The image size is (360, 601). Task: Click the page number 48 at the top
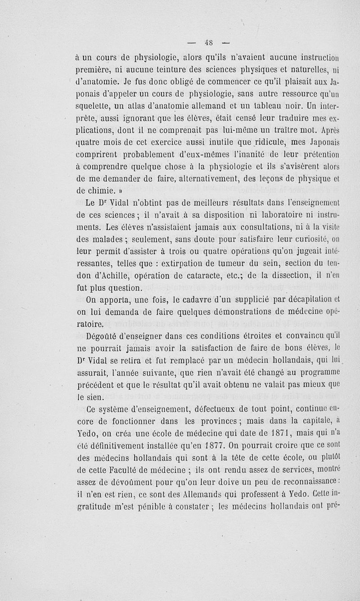point(208,44)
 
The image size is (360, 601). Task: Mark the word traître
point(294,131)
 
